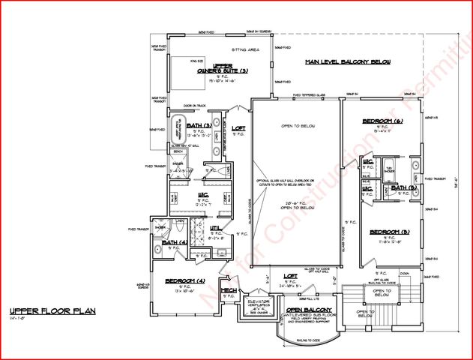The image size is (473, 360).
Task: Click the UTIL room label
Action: coord(215,227)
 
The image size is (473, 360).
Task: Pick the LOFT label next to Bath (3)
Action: coord(238,128)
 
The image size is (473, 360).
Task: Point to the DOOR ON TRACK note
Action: coord(193,106)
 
